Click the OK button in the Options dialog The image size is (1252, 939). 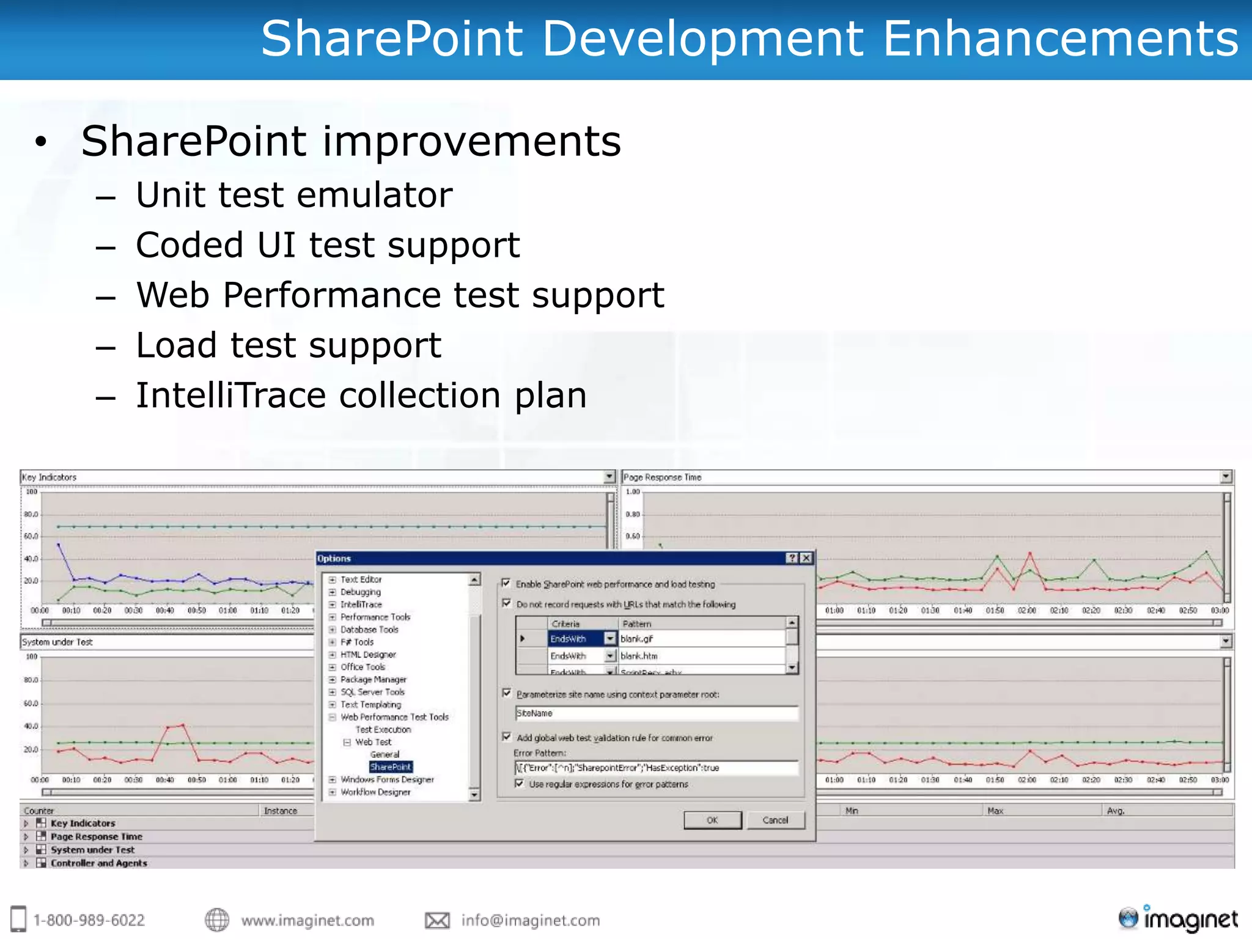(x=712, y=820)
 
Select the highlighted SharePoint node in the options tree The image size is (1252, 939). (x=391, y=767)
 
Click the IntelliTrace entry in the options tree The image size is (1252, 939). (x=361, y=604)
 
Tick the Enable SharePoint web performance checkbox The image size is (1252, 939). (x=506, y=583)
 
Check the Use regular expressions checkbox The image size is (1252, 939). (x=519, y=784)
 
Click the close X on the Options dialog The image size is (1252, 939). (x=806, y=558)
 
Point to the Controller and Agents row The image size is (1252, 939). (x=98, y=863)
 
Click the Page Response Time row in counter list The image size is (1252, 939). (x=96, y=836)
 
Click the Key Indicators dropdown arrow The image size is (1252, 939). (x=609, y=477)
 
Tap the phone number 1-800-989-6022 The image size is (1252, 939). (x=89, y=920)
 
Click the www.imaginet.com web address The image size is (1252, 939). (x=307, y=920)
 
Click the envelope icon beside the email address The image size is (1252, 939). (x=437, y=920)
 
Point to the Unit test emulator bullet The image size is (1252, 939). (x=294, y=195)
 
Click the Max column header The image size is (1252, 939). (x=995, y=811)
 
